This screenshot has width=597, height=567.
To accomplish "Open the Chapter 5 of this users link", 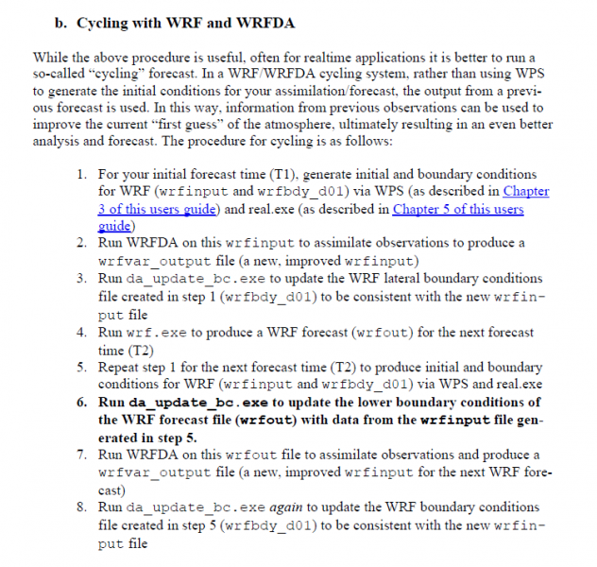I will point(457,209).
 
